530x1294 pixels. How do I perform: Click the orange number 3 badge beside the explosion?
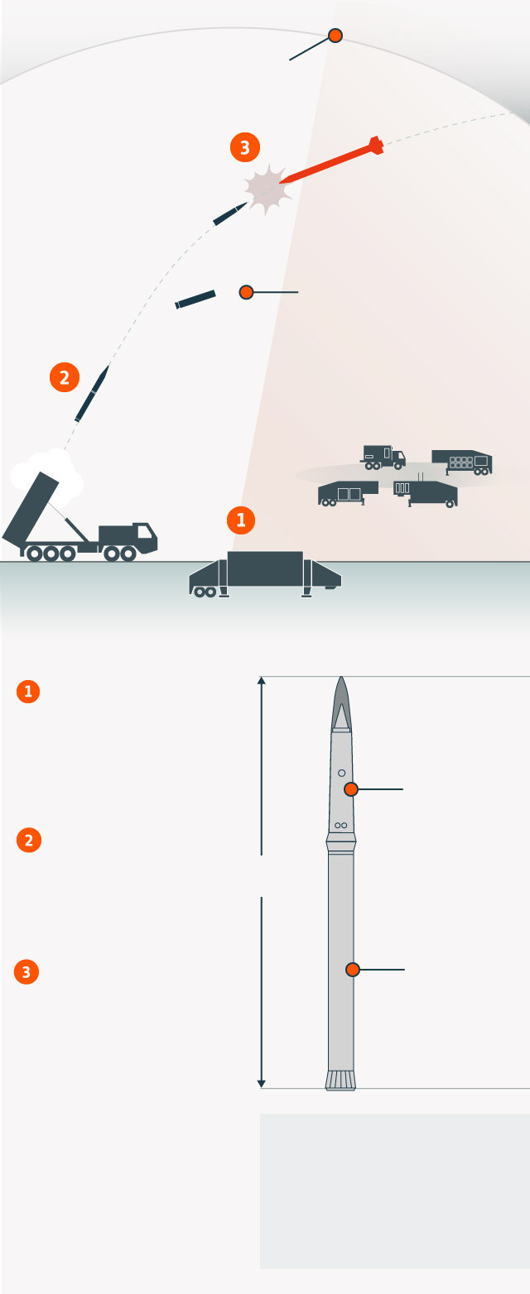click(245, 147)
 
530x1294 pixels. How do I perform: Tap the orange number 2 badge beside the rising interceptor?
click(64, 377)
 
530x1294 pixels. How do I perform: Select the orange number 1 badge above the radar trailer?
click(241, 520)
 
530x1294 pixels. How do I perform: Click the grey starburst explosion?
click(266, 189)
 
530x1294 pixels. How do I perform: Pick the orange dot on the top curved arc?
click(335, 36)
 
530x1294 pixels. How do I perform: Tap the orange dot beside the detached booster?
click(246, 292)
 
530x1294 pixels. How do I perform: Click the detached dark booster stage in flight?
click(195, 300)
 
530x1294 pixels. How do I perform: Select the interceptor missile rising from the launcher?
click(92, 393)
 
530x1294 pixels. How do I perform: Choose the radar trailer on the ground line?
click(265, 573)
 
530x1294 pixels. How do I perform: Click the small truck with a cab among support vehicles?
click(383, 457)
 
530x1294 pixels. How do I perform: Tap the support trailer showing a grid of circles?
click(462, 462)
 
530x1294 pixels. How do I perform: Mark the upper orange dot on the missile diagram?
click(351, 789)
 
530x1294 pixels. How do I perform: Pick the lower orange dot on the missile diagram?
click(353, 970)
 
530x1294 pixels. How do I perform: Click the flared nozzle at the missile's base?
click(340, 1081)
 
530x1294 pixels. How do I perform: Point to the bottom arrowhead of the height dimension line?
click(261, 1085)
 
